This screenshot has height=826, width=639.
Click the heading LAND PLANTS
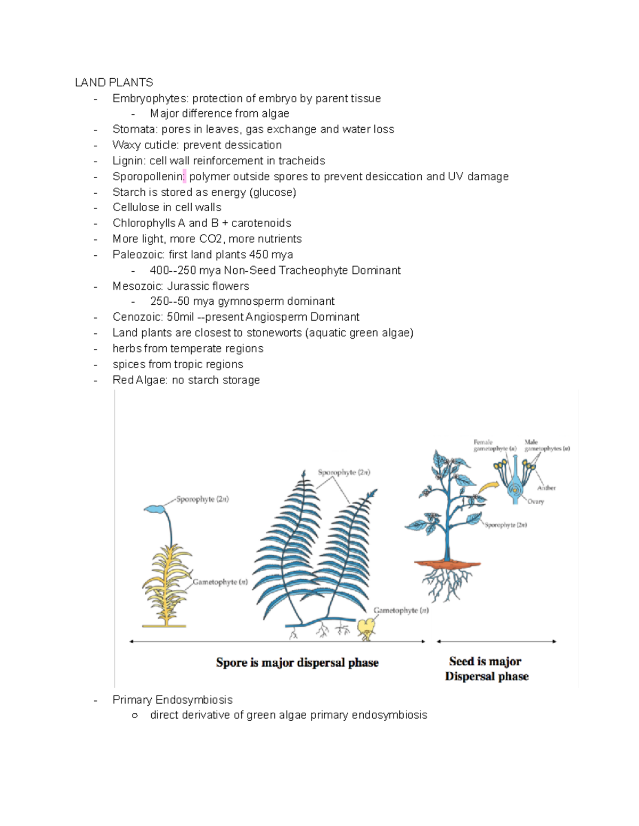(x=114, y=82)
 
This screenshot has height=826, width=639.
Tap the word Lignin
(x=128, y=161)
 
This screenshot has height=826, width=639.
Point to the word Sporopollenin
(x=148, y=177)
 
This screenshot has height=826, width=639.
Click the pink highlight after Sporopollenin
(x=184, y=177)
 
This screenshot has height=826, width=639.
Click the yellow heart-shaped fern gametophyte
(x=366, y=628)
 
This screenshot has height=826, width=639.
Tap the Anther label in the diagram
(x=546, y=488)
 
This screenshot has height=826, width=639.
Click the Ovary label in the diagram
(x=536, y=502)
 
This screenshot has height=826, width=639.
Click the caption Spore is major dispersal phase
(x=297, y=663)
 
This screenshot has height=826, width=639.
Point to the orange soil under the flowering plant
(x=447, y=563)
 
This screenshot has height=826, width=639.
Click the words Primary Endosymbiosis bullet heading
(x=173, y=700)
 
